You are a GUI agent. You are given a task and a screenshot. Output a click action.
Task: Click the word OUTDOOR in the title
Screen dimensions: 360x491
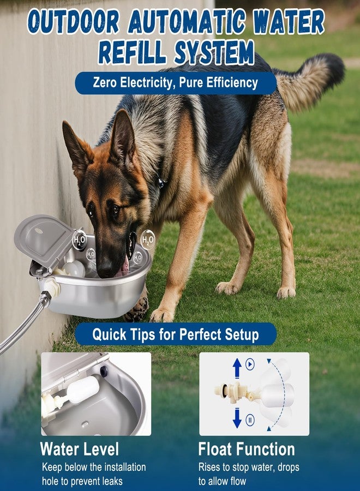coord(74,22)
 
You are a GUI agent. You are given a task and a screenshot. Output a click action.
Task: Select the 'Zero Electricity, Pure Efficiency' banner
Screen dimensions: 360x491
coord(176,83)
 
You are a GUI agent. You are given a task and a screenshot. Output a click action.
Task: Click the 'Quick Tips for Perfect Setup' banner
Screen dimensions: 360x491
coord(176,334)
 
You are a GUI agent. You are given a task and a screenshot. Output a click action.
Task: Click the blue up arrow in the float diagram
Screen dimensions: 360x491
coord(237,368)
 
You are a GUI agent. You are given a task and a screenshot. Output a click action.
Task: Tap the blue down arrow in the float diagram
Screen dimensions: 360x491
coord(237,418)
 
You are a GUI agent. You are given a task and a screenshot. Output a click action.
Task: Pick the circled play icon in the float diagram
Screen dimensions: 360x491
coord(250,364)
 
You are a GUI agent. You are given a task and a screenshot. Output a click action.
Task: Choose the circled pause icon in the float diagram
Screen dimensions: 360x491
coord(250,420)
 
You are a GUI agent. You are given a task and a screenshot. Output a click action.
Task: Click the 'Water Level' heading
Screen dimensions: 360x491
coord(80,449)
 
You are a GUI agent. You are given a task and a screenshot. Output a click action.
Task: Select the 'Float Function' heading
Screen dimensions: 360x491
coord(247,449)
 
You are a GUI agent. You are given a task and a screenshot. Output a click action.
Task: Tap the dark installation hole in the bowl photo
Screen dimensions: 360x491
coord(104,371)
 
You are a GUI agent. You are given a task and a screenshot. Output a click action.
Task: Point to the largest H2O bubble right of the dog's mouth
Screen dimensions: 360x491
coord(147,240)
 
